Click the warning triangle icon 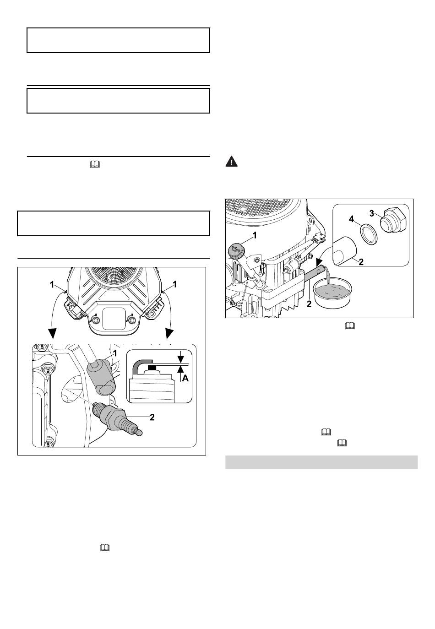(232, 161)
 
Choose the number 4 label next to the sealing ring (352, 219)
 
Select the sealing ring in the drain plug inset (365, 235)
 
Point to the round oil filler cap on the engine (236, 252)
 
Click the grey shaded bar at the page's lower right (321, 462)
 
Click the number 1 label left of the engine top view (54, 284)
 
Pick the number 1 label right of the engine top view (174, 284)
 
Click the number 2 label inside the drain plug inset (361, 262)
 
